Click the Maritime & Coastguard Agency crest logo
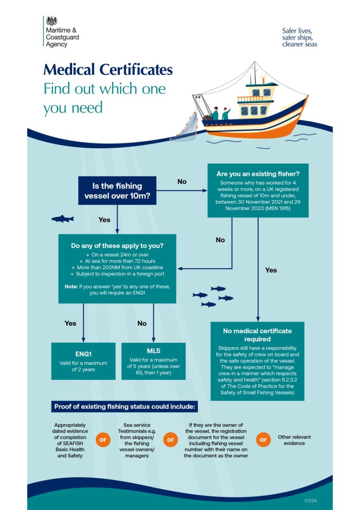point(52,21)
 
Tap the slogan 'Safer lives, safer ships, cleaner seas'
point(299,38)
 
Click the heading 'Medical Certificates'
point(108,70)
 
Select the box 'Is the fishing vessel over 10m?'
point(117,191)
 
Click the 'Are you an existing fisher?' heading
point(258,174)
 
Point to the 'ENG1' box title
point(83,354)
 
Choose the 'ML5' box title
point(153,351)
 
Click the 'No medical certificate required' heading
point(257,335)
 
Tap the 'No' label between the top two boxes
point(182,181)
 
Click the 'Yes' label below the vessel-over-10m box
point(104,220)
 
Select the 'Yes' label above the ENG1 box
point(70,323)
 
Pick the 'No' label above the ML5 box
point(142,323)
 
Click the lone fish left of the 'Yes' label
point(63,219)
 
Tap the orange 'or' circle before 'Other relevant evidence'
point(263,440)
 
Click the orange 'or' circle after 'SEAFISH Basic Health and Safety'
point(103,440)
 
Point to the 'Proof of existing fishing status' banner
point(124,407)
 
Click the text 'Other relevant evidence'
point(294,440)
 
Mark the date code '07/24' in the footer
point(310,501)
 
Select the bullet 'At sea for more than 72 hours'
point(120,261)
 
